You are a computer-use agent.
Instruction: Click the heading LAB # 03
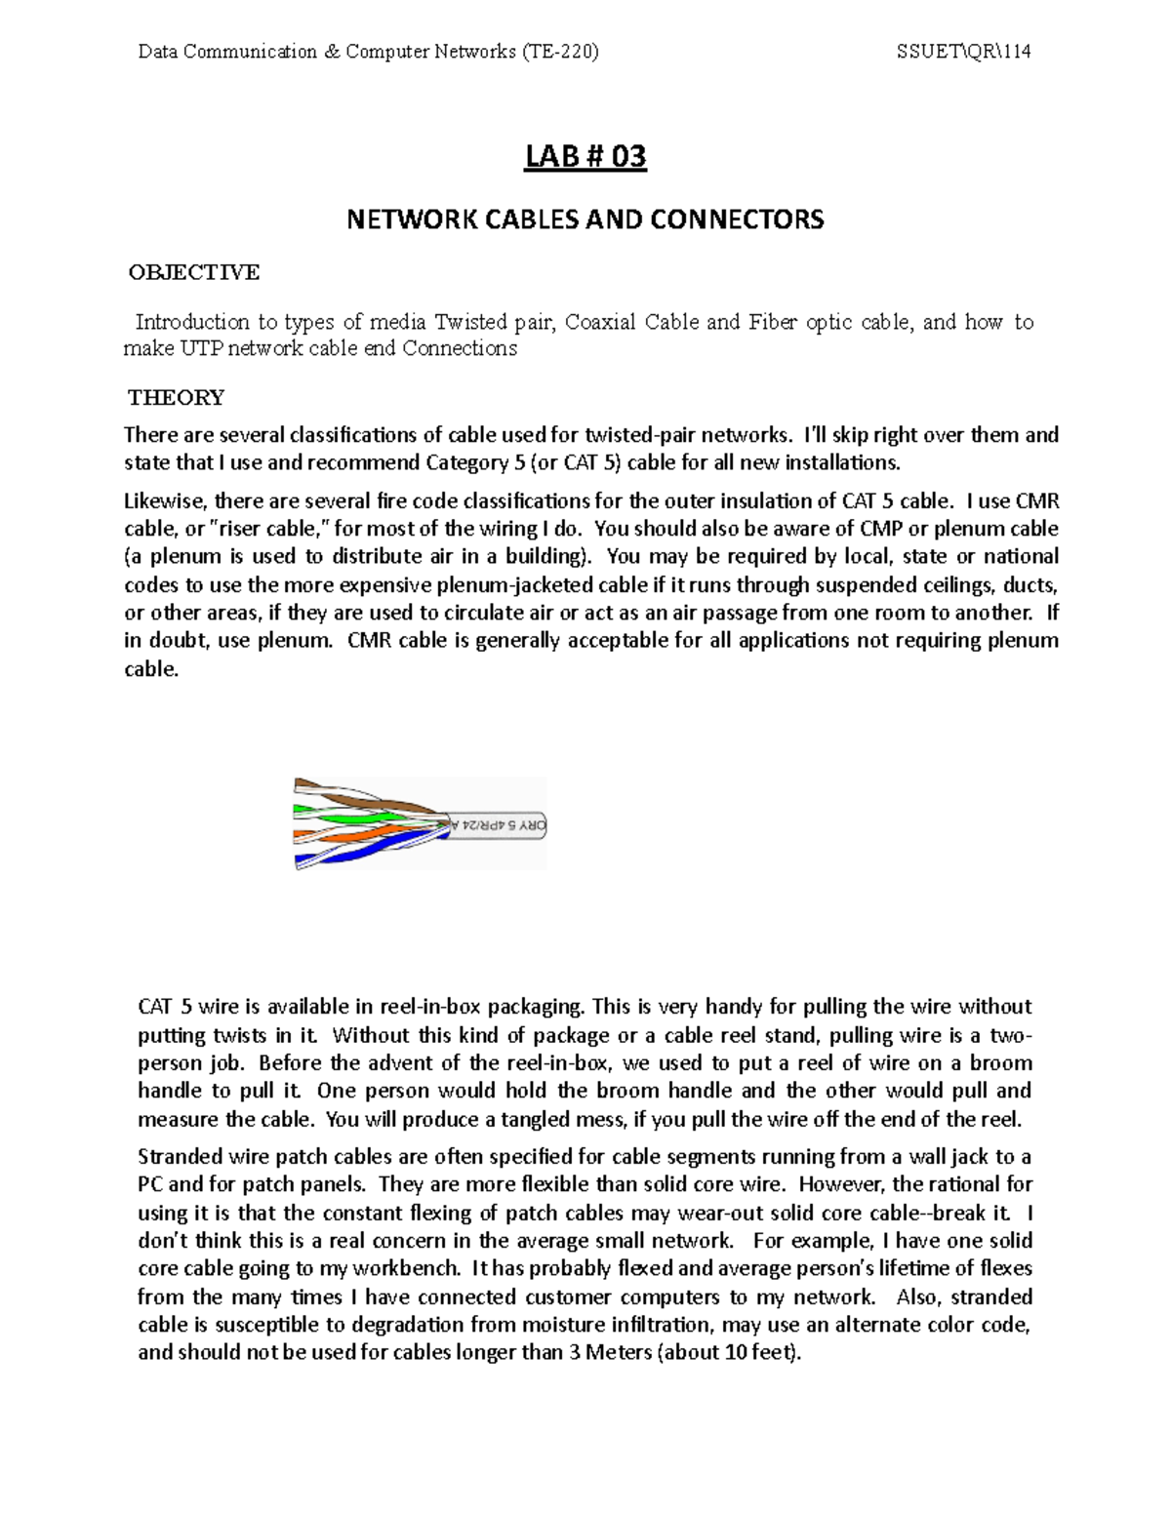(585, 156)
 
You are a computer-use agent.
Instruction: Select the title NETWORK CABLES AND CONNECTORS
(585, 219)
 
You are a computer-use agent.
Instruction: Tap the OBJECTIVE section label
(194, 272)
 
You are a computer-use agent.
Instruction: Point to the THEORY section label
(177, 397)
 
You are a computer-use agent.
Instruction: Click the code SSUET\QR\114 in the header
(963, 52)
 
